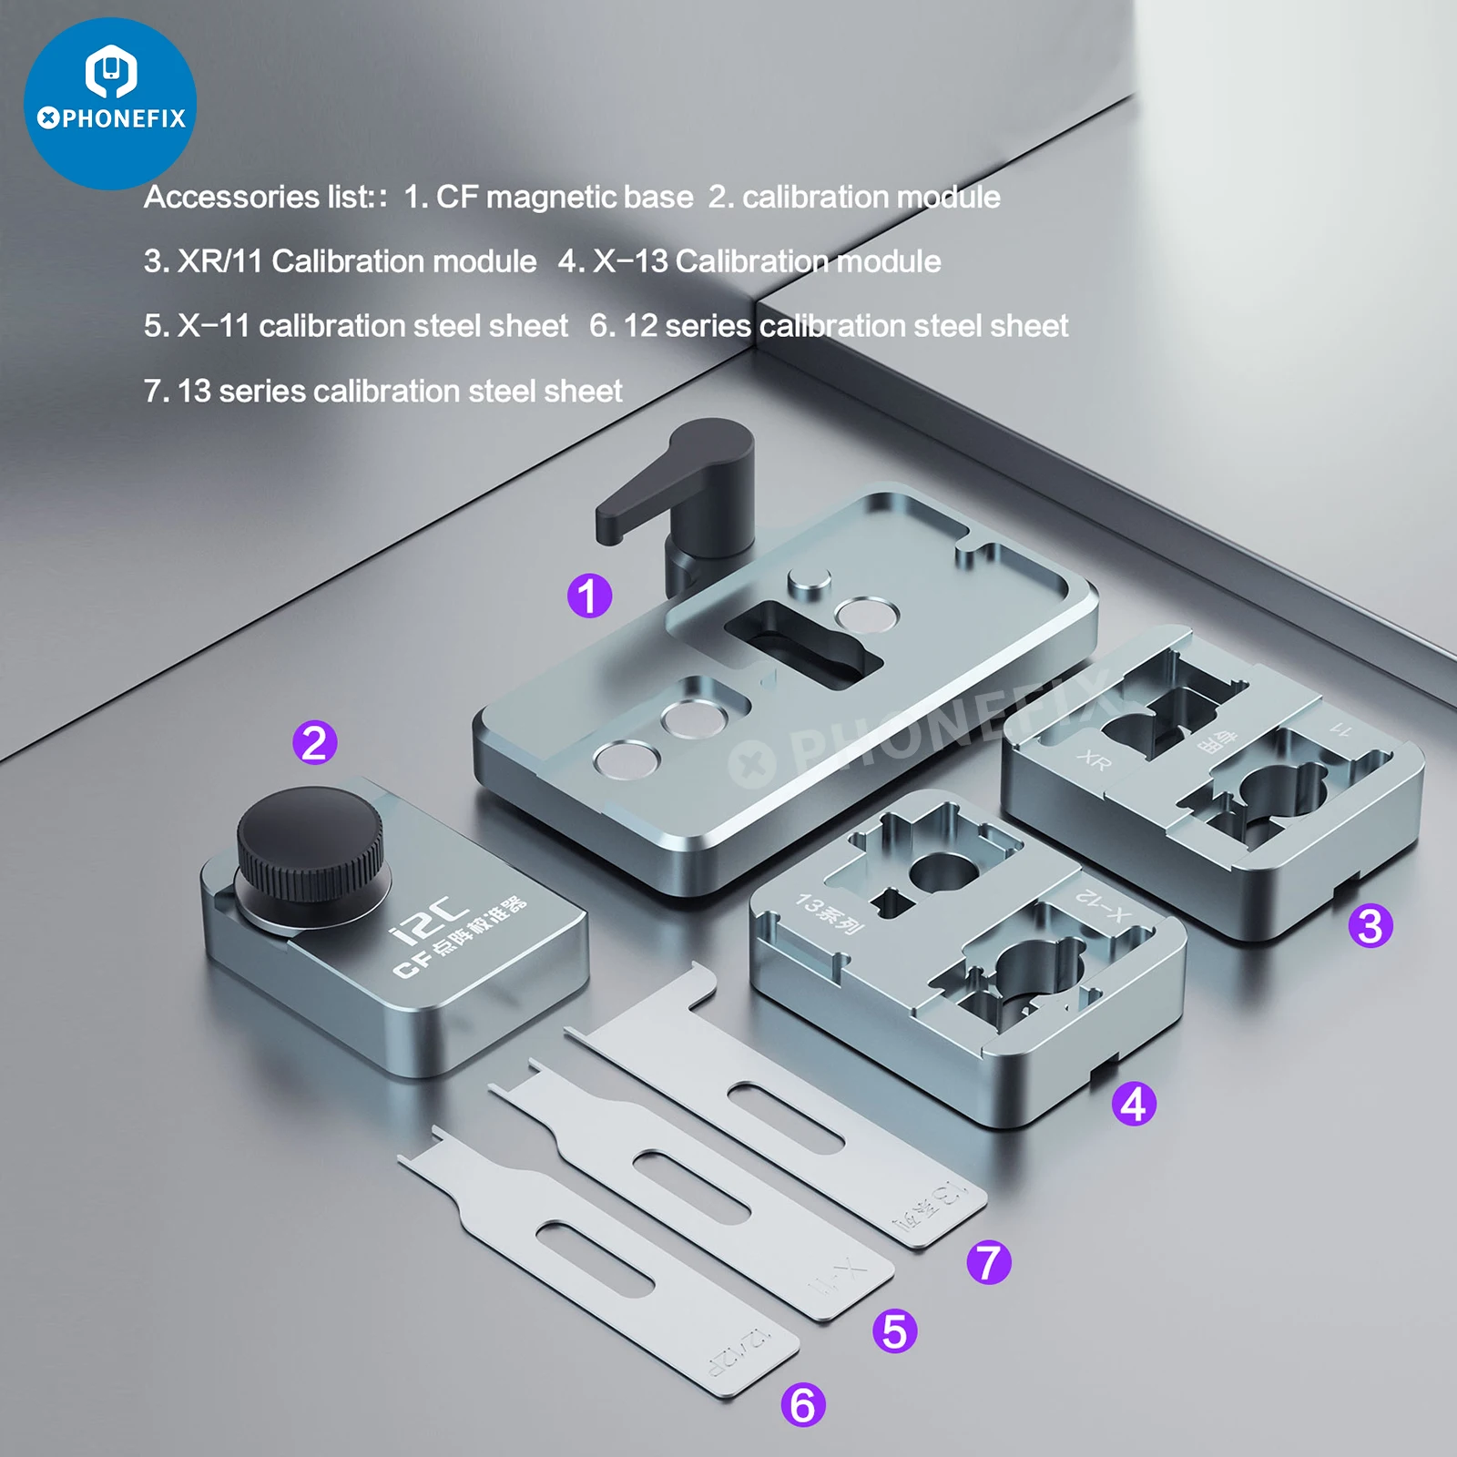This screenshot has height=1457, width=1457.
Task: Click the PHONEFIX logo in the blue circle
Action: coord(110,103)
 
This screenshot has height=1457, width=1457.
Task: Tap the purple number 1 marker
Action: coord(589,596)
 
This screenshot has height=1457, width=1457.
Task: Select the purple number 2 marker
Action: coord(314,742)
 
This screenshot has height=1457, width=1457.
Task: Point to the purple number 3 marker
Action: coord(1370,926)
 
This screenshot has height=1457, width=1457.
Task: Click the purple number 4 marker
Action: coord(1134,1104)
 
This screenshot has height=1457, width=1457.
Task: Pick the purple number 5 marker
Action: coord(894,1330)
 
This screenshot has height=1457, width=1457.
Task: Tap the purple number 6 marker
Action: coord(803,1404)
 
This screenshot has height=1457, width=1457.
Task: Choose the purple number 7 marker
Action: coord(989,1262)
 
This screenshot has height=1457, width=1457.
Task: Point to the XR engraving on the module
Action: coord(1094,759)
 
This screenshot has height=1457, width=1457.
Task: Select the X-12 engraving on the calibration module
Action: coord(1103,905)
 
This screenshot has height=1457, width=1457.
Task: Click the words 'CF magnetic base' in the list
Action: coord(564,197)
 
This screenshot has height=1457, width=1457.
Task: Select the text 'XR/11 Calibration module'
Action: coord(356,261)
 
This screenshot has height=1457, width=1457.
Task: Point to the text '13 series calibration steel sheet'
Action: coord(399,391)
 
